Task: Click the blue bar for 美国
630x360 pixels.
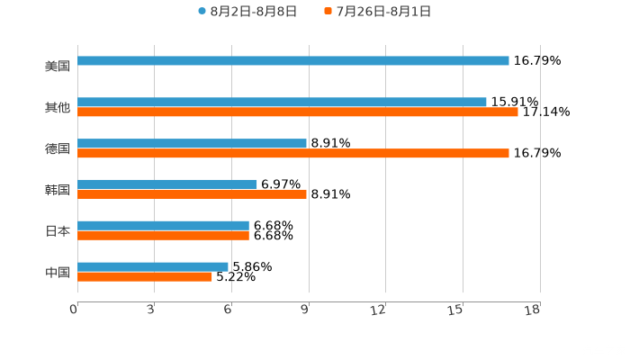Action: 293,60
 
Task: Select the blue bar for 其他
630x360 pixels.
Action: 282,102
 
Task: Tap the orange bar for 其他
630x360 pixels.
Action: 298,112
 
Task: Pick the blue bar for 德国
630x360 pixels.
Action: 192,143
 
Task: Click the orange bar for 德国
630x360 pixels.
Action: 293,154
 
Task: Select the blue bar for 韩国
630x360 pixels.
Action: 167,184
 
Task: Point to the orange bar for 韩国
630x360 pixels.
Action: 192,194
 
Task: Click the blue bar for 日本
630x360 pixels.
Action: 163,225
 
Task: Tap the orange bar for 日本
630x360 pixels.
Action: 163,236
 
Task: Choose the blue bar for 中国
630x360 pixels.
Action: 153,266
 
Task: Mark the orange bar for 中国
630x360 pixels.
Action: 145,277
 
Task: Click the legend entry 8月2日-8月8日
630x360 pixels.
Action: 247,12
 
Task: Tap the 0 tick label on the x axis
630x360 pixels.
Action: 74,310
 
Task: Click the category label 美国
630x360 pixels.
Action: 58,66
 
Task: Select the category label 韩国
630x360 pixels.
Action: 58,190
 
